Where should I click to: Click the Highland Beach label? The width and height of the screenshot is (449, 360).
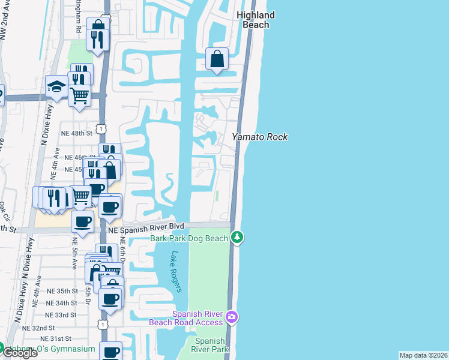point(256,20)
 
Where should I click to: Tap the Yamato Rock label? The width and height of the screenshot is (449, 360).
point(260,137)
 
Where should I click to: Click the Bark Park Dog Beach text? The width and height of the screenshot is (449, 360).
point(189,239)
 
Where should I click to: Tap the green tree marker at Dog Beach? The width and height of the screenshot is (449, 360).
point(238,238)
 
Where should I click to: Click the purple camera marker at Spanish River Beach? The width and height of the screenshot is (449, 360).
point(232,316)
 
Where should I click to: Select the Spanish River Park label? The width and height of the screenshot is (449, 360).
point(210,344)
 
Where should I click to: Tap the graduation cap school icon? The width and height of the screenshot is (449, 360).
point(57,86)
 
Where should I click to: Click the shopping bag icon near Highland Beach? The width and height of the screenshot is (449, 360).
point(217,59)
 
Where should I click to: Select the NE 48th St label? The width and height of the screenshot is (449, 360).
point(76,133)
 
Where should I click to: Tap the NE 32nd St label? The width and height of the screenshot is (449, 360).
point(38,328)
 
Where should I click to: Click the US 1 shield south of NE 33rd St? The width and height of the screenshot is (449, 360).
point(103,324)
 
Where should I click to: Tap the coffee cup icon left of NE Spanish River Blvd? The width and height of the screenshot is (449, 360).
point(83,221)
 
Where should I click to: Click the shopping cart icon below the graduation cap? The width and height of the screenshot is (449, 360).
point(79,95)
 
